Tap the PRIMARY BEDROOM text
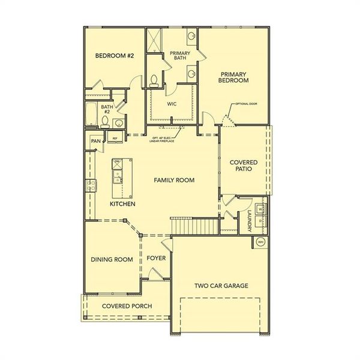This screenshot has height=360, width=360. click(x=233, y=76)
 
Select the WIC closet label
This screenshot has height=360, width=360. click(x=173, y=103)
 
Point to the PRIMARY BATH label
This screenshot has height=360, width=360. click(x=181, y=55)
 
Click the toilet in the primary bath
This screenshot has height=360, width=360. click(x=155, y=79)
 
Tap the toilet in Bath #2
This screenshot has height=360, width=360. click(x=106, y=122)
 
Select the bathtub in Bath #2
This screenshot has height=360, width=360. click(x=91, y=116)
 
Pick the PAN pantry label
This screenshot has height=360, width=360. click(x=95, y=141)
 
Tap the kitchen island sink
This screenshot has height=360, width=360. click(x=118, y=176)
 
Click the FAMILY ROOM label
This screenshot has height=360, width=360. click(x=174, y=180)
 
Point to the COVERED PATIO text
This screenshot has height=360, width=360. click(x=244, y=166)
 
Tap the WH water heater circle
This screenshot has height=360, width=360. click(x=260, y=241)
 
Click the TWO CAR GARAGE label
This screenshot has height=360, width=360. click(x=221, y=286)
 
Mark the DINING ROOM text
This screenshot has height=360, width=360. click(x=111, y=259)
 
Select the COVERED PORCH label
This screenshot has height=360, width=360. click(x=126, y=306)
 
